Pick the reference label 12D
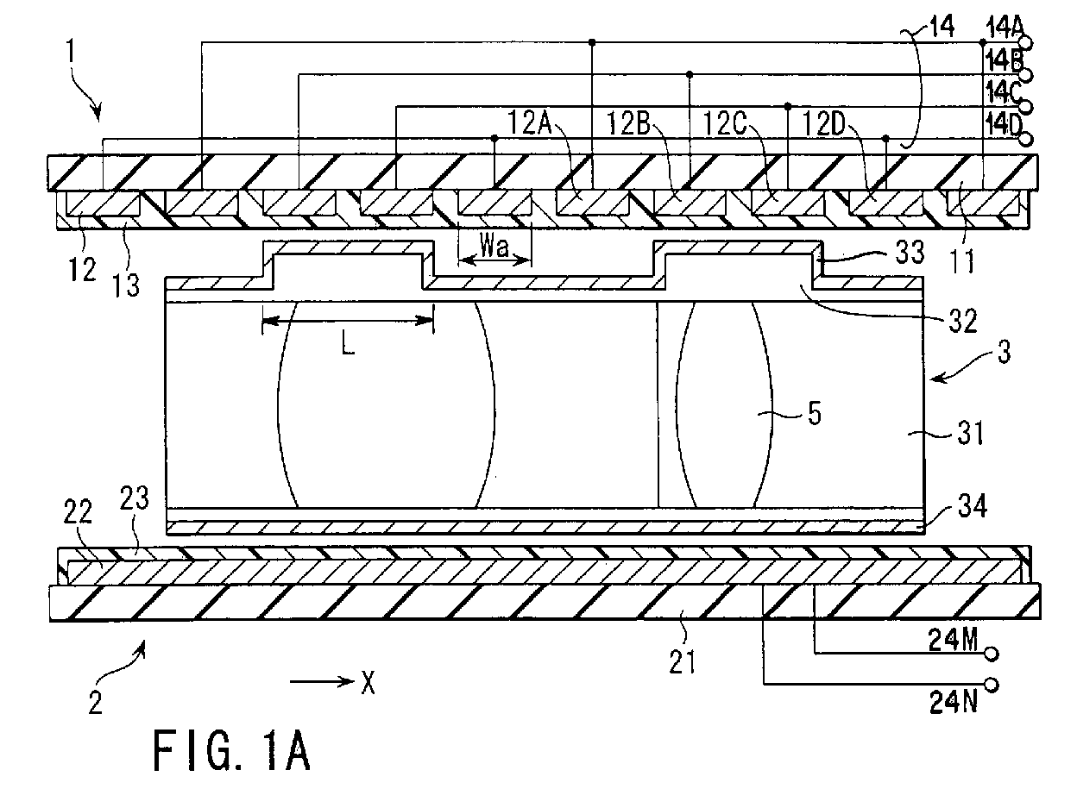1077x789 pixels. tap(824, 124)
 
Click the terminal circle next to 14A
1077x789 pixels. tap(1026, 43)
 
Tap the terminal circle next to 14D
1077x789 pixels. tap(1026, 140)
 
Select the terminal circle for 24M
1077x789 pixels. tap(992, 654)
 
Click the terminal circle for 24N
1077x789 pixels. tap(992, 685)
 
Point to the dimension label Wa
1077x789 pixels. tap(494, 248)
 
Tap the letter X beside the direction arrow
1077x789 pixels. tap(368, 683)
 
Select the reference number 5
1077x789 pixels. tap(815, 413)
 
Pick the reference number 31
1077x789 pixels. tap(971, 433)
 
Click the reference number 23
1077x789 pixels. tap(134, 498)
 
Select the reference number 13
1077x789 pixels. tap(126, 285)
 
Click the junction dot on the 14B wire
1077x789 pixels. tap(690, 74)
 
